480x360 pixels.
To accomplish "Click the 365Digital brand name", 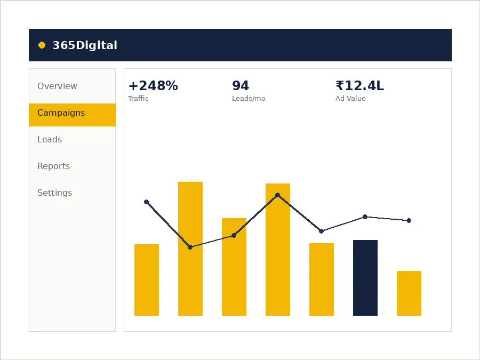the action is point(85,45).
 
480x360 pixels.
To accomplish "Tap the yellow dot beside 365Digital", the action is point(42,45).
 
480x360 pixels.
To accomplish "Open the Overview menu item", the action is point(57,86).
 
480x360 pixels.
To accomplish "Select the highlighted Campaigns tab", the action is point(72,115).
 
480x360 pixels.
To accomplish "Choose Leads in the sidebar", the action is point(50,139).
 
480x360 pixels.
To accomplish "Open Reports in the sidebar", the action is point(53,166).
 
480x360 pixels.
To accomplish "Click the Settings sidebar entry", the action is point(55,193).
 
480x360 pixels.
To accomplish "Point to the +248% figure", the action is point(153,86).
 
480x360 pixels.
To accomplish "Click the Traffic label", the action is point(138,98).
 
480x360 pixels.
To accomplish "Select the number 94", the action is point(241,86).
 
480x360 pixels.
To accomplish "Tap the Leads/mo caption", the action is point(249,99).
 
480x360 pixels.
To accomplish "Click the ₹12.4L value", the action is point(359,86).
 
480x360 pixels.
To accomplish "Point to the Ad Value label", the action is point(350,98).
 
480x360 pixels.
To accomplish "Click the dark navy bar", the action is point(365,278).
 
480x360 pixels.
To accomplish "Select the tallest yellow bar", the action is point(190,249).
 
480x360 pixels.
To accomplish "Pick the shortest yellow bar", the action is point(409,293).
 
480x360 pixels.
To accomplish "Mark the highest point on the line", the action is point(278,195).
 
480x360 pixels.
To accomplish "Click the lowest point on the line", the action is point(190,247).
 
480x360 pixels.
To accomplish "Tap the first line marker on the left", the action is point(146,202).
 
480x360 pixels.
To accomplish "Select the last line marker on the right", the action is point(409,220).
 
